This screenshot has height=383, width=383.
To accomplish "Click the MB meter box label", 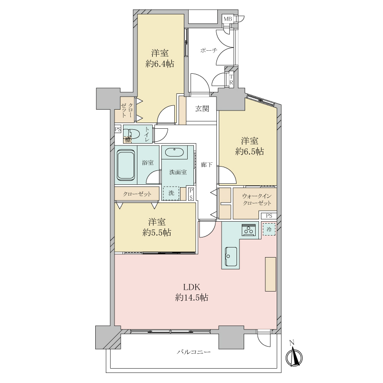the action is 228,19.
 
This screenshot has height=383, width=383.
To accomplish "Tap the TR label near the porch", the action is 231,80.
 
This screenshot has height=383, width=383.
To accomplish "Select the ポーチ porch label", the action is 209,51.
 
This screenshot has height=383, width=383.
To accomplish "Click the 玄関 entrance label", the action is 202,109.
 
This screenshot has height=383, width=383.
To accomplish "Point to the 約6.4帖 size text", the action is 160,64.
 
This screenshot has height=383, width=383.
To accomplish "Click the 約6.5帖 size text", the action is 249,152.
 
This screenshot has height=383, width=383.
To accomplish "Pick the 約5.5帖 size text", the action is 157,233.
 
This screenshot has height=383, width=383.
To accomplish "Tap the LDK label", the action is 192,287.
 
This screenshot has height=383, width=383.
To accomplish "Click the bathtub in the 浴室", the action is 126,165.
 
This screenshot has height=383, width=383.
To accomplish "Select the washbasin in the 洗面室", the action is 174,152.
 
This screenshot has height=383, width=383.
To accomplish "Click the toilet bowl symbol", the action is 134,134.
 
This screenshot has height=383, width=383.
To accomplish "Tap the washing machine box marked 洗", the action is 171,193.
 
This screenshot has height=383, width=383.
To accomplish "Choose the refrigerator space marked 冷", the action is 269,229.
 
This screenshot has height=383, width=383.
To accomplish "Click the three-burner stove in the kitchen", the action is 249,230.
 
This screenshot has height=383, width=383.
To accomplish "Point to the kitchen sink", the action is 231,256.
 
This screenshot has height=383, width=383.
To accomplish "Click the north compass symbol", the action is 294,356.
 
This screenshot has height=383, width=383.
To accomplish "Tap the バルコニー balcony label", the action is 194,352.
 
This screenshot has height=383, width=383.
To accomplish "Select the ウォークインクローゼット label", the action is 257,200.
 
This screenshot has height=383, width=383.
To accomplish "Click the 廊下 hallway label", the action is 207,165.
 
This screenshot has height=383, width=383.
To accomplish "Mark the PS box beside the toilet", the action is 118,129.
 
